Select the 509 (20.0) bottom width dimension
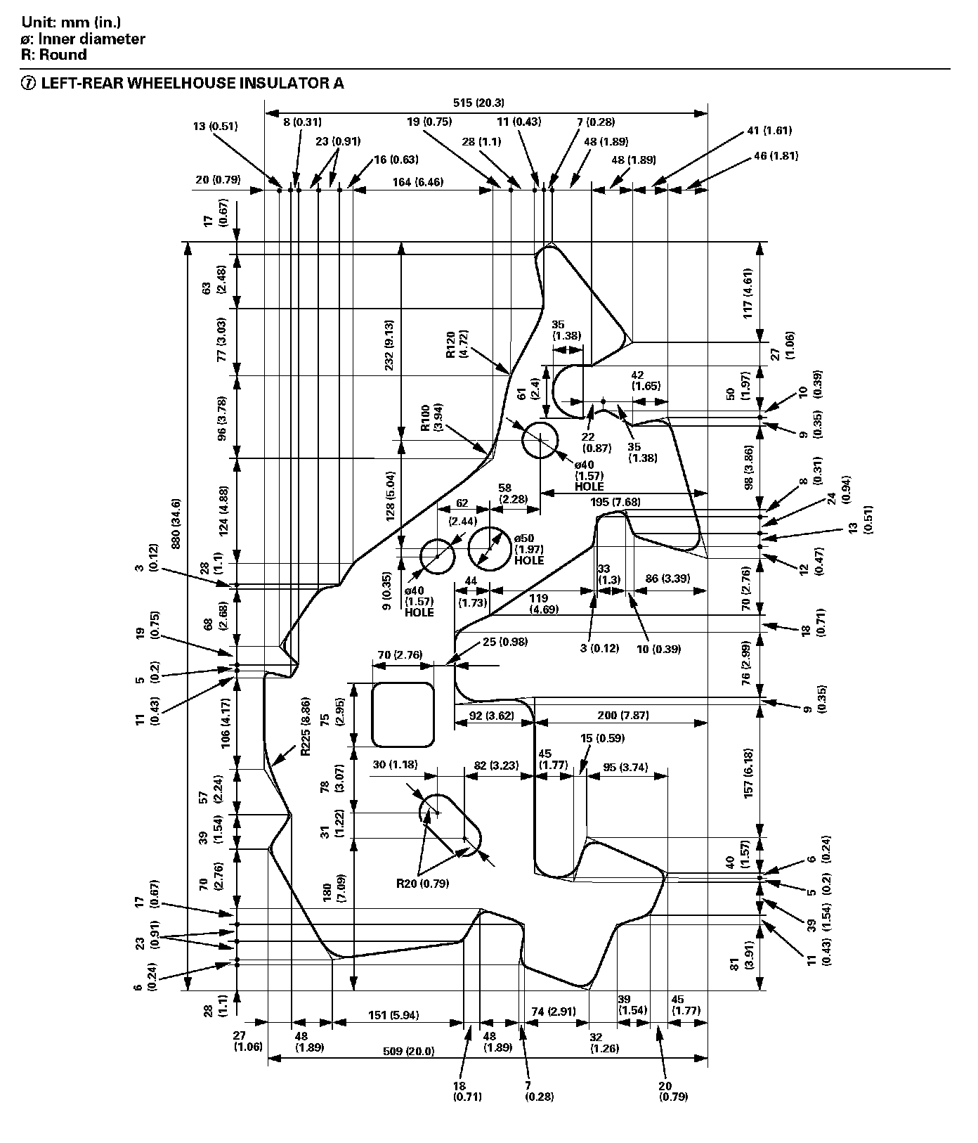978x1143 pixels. [408, 1052]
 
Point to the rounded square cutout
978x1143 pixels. [402, 714]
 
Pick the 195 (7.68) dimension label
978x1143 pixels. [615, 502]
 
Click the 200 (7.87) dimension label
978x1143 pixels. [623, 716]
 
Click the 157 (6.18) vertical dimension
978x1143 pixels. [749, 772]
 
